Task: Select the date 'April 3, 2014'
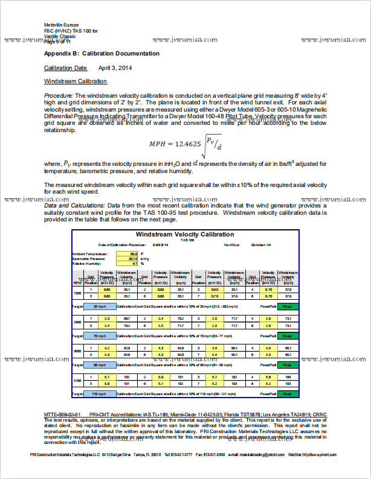tap(115, 68)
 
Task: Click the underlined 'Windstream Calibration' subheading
tap(76, 81)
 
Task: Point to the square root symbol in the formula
tap(204, 142)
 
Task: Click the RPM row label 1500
tap(77, 293)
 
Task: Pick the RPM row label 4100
tap(77, 382)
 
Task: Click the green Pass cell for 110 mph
tap(288, 395)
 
